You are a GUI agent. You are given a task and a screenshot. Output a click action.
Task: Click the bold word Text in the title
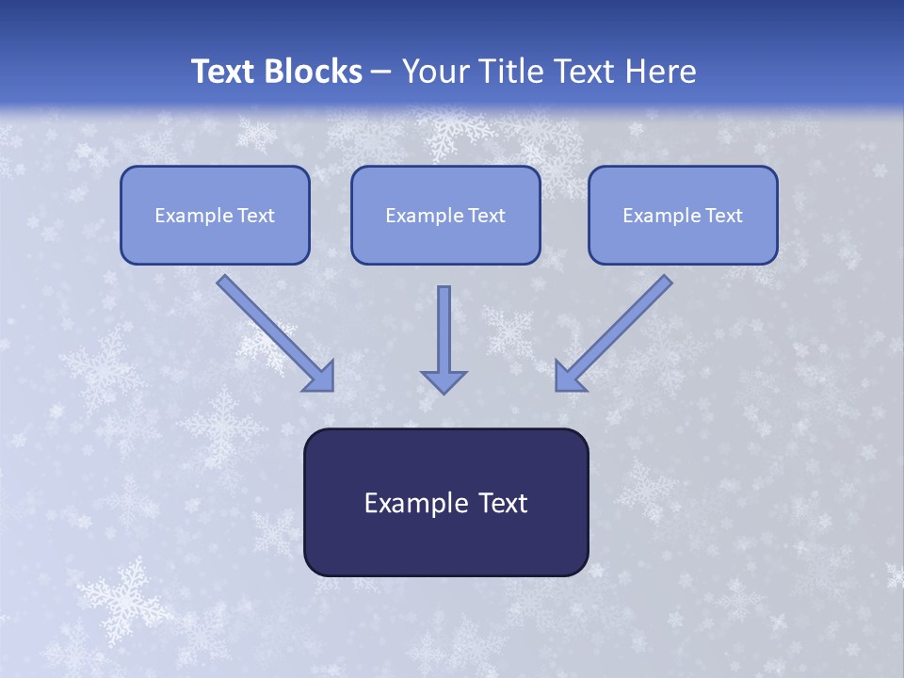coord(224,72)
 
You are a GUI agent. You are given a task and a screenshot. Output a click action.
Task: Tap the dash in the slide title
coord(381,73)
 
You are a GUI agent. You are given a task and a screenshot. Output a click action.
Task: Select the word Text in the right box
coord(724,216)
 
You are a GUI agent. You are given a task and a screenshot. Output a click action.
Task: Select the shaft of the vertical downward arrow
coord(444,325)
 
